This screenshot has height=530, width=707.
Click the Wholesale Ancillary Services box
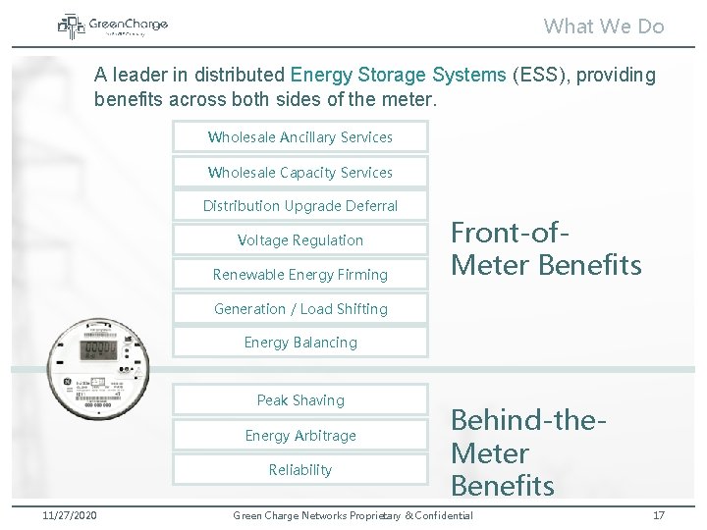(300, 137)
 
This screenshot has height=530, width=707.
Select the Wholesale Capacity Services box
(300, 172)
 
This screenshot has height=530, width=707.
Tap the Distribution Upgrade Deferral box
(300, 206)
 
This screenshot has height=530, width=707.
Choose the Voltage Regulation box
(300, 240)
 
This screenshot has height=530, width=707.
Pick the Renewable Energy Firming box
(300, 275)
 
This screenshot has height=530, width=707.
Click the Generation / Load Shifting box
(300, 309)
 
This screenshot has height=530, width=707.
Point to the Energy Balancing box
(300, 343)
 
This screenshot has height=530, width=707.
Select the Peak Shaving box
(300, 400)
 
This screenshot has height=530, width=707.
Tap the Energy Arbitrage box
(300, 435)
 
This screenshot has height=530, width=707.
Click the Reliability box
(300, 469)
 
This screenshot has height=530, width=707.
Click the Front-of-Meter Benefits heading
(546, 248)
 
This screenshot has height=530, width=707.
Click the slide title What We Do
(604, 26)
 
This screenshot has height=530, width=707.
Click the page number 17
(658, 515)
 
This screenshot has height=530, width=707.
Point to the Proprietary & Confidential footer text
(352, 515)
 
